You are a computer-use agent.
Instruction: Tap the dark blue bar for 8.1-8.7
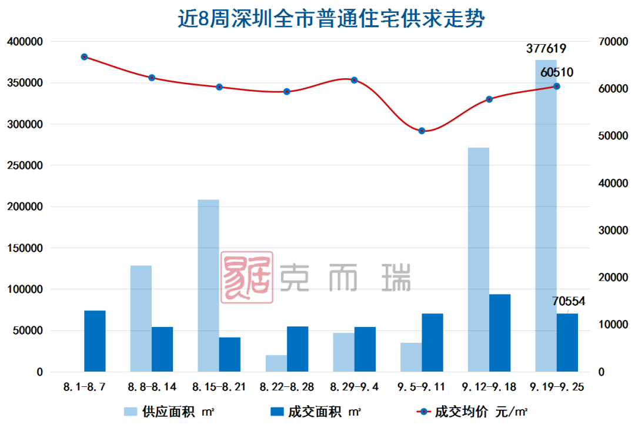tap(95, 341)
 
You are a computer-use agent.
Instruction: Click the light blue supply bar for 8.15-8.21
tap(208, 285)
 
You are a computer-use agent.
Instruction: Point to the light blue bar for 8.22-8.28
tap(276, 363)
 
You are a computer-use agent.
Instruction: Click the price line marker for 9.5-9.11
tap(422, 131)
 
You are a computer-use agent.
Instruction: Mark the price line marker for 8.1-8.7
tap(84, 57)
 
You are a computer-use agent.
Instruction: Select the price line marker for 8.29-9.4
tap(355, 80)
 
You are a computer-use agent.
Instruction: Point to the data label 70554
tap(569, 302)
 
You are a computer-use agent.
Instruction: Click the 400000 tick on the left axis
tap(25, 42)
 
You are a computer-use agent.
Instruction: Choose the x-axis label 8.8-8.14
tap(152, 387)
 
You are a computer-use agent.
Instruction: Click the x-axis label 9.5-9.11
tap(422, 387)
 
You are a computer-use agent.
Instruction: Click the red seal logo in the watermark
tap(247, 278)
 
